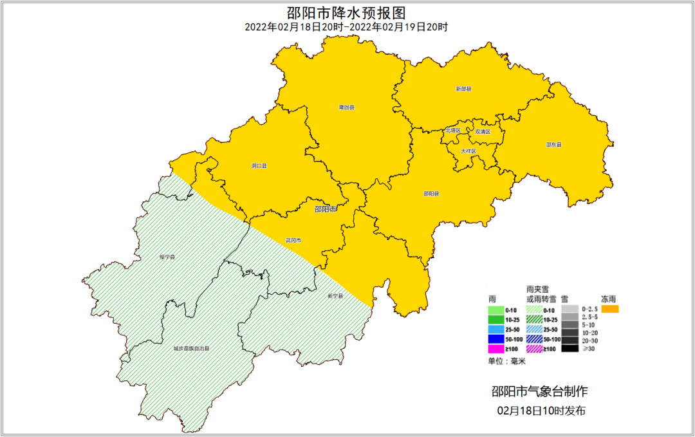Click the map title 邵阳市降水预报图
point(346,12)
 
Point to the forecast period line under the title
point(346,27)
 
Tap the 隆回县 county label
point(347,107)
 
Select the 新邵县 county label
point(463,89)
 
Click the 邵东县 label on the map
point(554,145)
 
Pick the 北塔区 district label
point(453,130)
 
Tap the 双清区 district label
point(483,131)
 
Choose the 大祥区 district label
point(468,151)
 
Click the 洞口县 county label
point(259,166)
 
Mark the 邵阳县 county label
point(432,193)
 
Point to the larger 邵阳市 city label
point(326,209)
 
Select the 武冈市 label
point(293,240)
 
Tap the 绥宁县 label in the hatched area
point(167,257)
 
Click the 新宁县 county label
point(335,296)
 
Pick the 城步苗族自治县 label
point(191,348)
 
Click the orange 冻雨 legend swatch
point(610,309)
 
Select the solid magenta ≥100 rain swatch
point(497,349)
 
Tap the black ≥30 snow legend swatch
point(569,349)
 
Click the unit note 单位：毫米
point(507,361)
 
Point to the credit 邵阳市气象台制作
point(539,391)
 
